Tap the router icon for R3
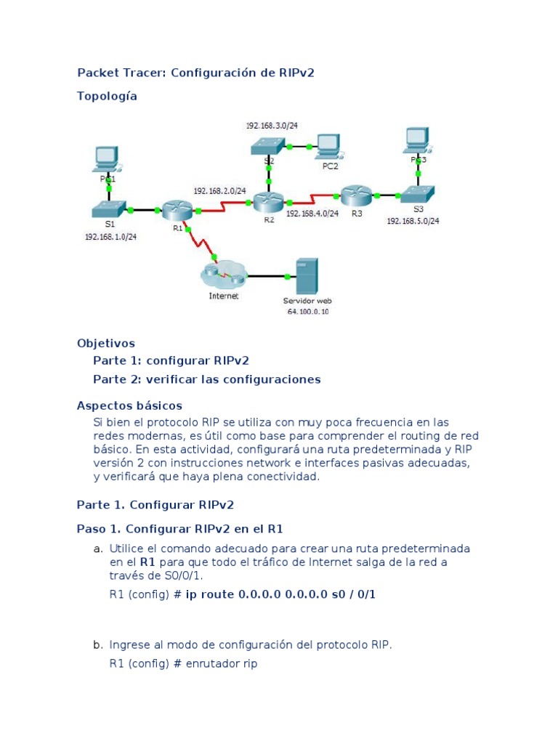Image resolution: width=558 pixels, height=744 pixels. pyautogui.click(x=355, y=194)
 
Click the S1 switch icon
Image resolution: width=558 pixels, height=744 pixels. pyautogui.click(x=110, y=209)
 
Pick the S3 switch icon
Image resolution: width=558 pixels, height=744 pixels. pyautogui.click(x=418, y=194)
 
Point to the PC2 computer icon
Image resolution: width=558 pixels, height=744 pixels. pyautogui.click(x=328, y=146)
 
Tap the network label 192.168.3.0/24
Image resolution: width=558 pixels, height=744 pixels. pyautogui.click(x=272, y=125)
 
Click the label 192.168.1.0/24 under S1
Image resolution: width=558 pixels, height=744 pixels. pyautogui.click(x=111, y=237)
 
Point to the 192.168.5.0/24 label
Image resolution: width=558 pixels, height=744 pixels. pyautogui.click(x=413, y=220)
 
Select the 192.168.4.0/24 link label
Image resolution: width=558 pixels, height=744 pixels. pyautogui.click(x=312, y=214)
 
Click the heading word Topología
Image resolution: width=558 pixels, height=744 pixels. pyautogui.click(x=107, y=96)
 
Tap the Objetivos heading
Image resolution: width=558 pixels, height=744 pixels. pyautogui.click(x=106, y=343)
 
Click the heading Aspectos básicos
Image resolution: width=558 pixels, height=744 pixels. pyautogui.click(x=129, y=405)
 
